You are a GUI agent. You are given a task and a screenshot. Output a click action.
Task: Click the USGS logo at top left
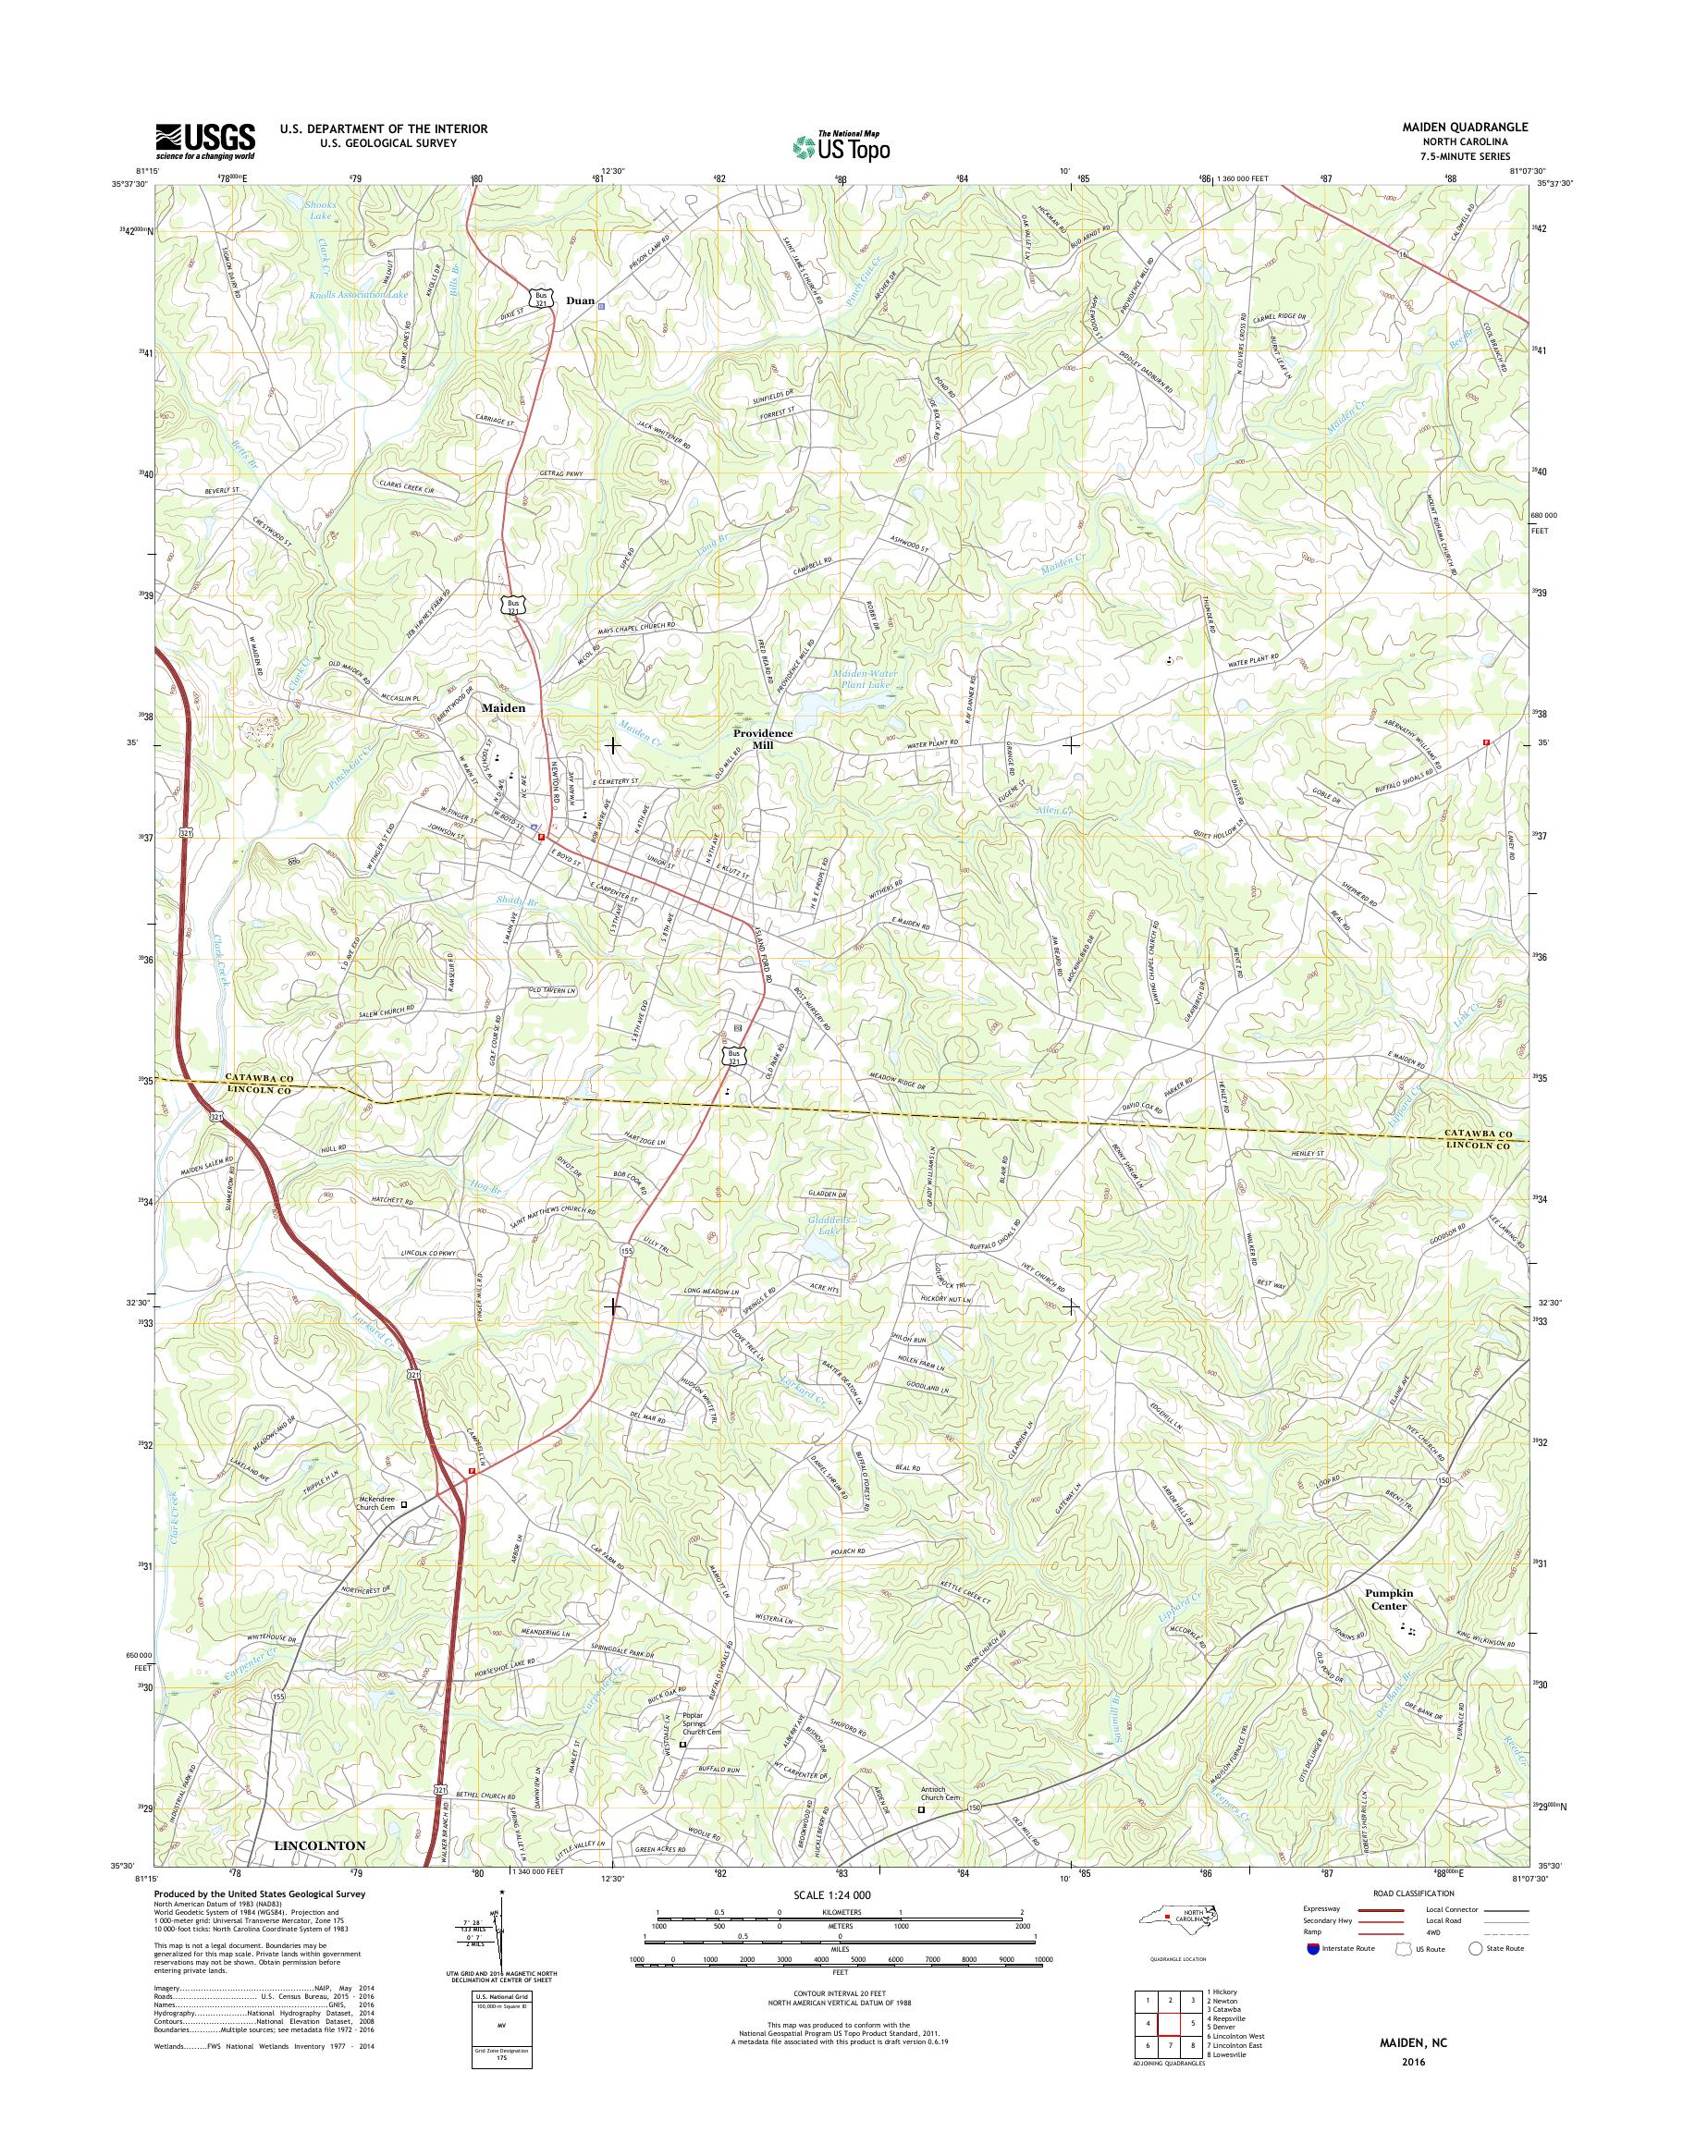[205, 141]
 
